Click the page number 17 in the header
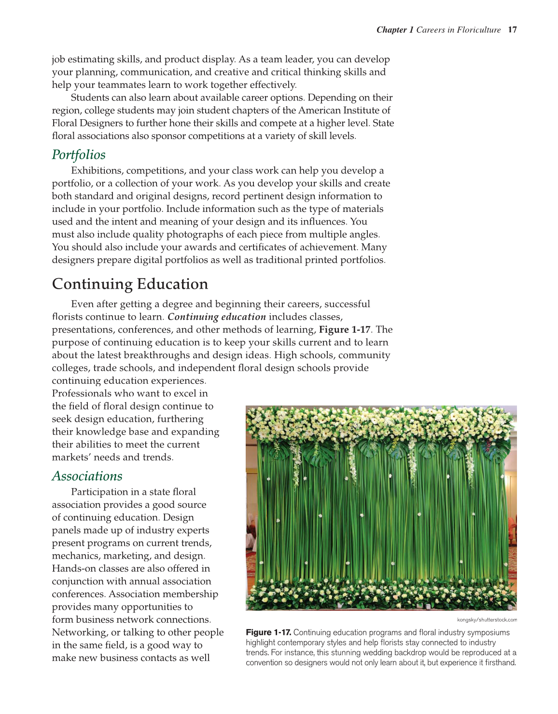pos(513,30)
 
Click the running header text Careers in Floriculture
pos(459,30)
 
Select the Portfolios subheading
pos(79,155)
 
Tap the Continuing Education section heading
pos(130,284)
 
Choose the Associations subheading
pos(87,476)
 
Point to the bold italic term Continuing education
pos(217,317)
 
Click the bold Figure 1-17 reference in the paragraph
pos(345,330)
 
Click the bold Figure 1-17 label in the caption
pos(268,632)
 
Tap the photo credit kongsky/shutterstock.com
pos(487,620)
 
